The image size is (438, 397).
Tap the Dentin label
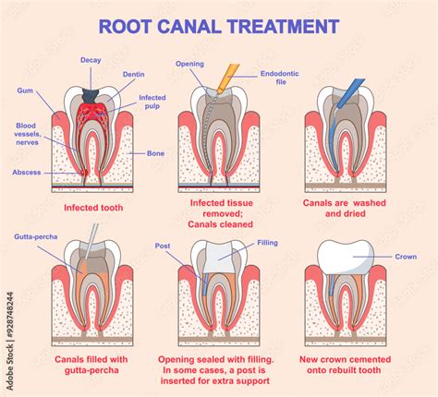click(x=133, y=74)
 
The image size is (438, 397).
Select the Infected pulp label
click(x=152, y=102)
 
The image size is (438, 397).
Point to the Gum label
click(x=24, y=90)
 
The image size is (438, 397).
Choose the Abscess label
click(x=26, y=172)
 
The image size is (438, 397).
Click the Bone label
click(x=153, y=153)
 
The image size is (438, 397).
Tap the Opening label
click(x=189, y=64)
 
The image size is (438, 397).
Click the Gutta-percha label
click(x=36, y=237)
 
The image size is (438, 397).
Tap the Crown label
click(x=406, y=257)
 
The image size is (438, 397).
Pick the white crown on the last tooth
click(x=346, y=257)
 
